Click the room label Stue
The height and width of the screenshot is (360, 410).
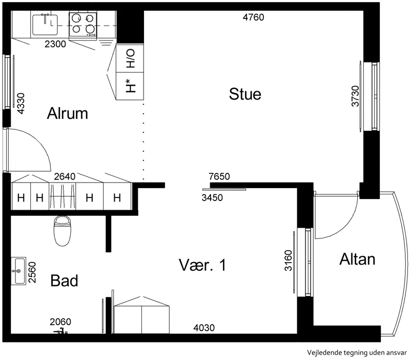tap(245, 94)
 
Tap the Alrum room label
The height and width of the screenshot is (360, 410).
tap(68, 113)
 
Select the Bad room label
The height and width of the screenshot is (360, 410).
tap(65, 281)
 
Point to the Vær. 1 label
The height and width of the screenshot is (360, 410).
tap(202, 265)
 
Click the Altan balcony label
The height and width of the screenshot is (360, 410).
tap(357, 259)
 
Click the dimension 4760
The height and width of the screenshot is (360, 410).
tap(253, 17)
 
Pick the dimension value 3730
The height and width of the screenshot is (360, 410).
tap(355, 96)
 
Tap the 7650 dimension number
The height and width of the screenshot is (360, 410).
tap(219, 176)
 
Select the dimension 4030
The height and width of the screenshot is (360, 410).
tap(204, 328)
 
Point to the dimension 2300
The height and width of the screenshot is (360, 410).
tap(55, 44)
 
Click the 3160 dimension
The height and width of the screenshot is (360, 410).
tap(288, 261)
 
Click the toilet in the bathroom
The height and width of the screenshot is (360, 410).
tap(62, 231)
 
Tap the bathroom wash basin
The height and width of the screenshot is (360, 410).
tap(18, 271)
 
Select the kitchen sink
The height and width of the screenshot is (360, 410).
tap(45, 25)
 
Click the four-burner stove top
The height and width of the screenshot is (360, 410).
tap(83, 25)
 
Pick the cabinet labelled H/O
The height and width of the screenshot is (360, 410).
tap(130, 58)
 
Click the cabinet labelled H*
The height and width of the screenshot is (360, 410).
tap(130, 86)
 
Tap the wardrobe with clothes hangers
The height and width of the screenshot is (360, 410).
tap(63, 196)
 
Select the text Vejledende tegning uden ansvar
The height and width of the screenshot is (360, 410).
tap(357, 353)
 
